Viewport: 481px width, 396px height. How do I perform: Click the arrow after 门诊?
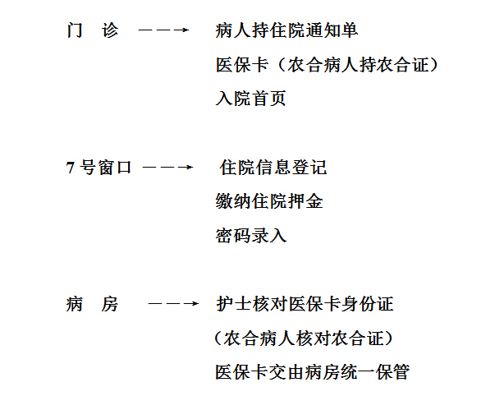coord(163,30)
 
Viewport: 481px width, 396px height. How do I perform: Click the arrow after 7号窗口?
coord(167,168)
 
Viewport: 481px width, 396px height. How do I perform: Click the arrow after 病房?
coord(173,304)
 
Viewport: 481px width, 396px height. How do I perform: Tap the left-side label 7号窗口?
coord(98,168)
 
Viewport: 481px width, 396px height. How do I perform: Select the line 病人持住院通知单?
coord(286,30)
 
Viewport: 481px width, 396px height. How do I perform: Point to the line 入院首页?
coord(250,99)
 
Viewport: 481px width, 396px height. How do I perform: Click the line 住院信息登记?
coord(273,168)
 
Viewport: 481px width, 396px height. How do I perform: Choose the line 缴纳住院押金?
coord(269,201)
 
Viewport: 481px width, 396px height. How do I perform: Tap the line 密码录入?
coord(251,236)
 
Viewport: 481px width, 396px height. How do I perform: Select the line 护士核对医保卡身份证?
coord(305,304)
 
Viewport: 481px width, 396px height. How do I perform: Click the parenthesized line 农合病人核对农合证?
coord(304,338)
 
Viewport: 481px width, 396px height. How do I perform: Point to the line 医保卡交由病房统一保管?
coord(312,372)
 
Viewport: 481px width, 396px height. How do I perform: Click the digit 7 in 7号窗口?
coord(71,168)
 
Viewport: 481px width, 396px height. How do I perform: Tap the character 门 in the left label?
coord(75,30)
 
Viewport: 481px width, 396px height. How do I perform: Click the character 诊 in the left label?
coord(110,30)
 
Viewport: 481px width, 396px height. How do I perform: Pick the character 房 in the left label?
coord(109,304)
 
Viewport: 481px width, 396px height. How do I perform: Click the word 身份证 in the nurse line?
coord(367,304)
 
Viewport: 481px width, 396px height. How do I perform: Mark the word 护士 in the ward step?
coord(234,304)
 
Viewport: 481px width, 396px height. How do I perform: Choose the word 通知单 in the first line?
coord(332,30)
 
